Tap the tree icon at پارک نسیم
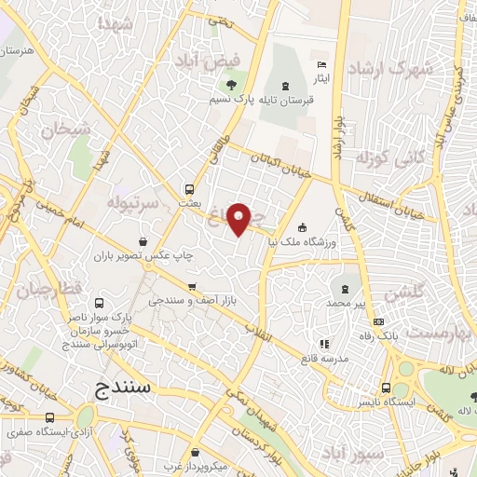click(233, 77)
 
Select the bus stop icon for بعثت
click(190, 186)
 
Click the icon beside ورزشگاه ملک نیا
click(302, 228)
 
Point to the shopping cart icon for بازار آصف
click(191, 286)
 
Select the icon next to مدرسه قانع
click(324, 344)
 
